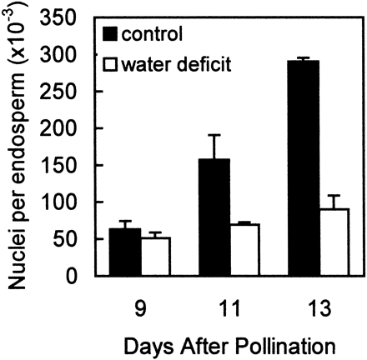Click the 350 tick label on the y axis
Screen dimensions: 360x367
point(74,17)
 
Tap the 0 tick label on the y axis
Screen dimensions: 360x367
point(84,276)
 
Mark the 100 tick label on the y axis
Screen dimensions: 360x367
point(74,202)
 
